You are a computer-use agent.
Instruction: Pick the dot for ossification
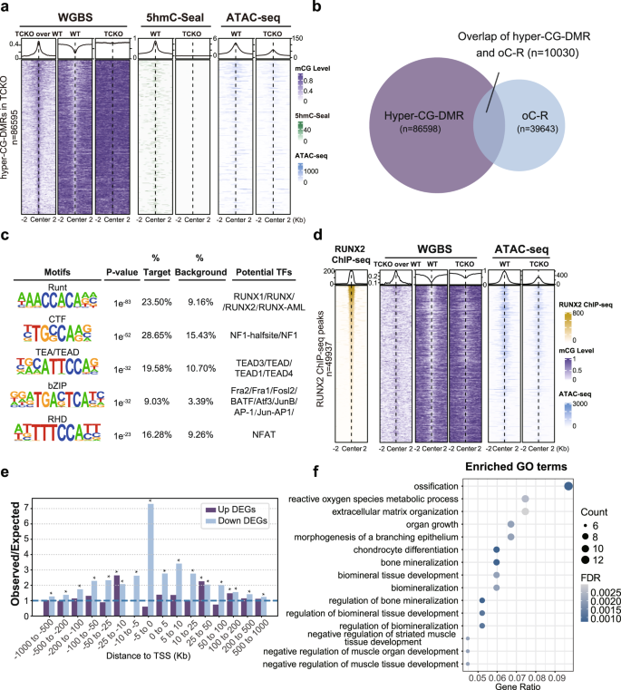coord(568,485)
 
